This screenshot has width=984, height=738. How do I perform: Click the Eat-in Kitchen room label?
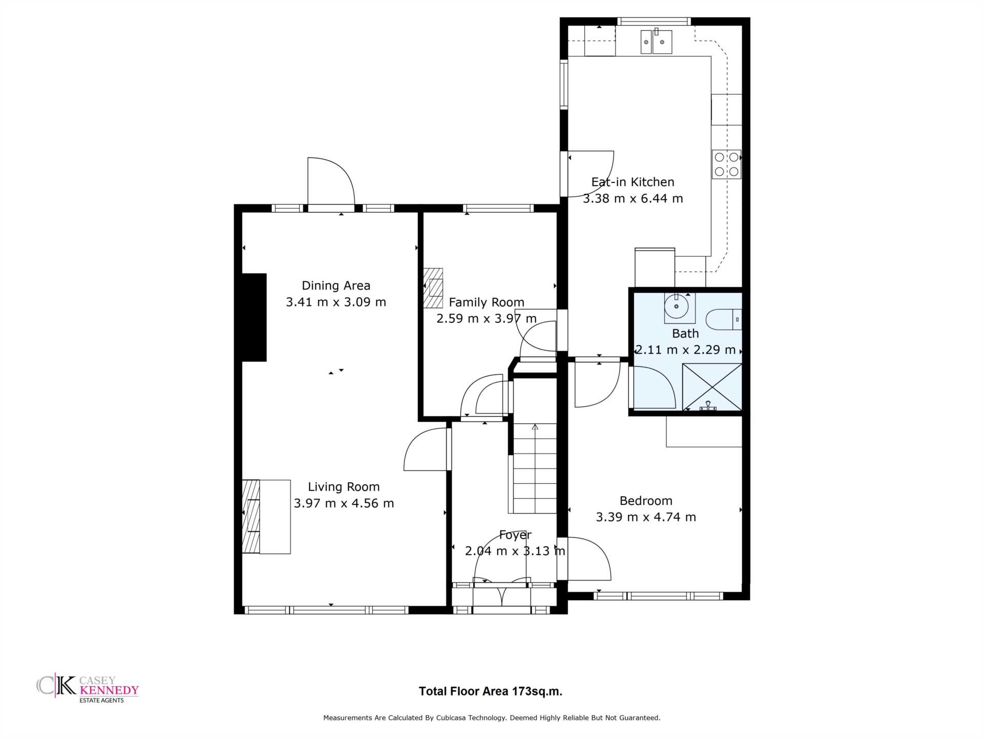coord(633,182)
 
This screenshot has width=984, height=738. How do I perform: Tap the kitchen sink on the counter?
coord(657,41)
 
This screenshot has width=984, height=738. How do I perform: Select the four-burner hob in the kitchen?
coord(726,164)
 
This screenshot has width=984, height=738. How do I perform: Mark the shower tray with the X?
coord(712,387)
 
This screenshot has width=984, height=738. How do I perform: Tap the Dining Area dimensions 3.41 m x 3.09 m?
coord(336,302)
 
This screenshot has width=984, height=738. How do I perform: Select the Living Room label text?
coord(343,487)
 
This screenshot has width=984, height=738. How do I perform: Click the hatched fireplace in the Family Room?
coord(433,288)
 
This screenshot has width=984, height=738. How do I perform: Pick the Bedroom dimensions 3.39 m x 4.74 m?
coord(646,517)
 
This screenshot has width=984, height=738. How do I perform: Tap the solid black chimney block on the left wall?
coord(254,317)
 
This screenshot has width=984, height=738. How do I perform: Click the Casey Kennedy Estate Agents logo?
coord(88,688)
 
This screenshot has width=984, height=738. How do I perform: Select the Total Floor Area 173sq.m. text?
coord(490,691)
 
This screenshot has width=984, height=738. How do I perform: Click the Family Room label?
coord(486,302)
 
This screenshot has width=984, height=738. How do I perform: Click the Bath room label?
coord(685,334)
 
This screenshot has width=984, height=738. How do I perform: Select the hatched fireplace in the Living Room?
coord(251,517)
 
